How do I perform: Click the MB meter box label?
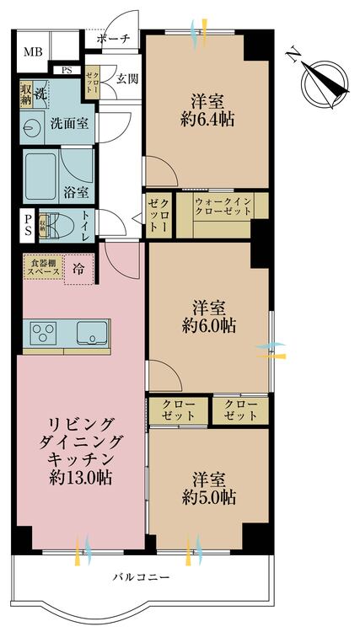point(32,52)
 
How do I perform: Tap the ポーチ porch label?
point(113,39)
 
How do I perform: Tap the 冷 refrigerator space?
point(78,270)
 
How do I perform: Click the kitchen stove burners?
point(44,333)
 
